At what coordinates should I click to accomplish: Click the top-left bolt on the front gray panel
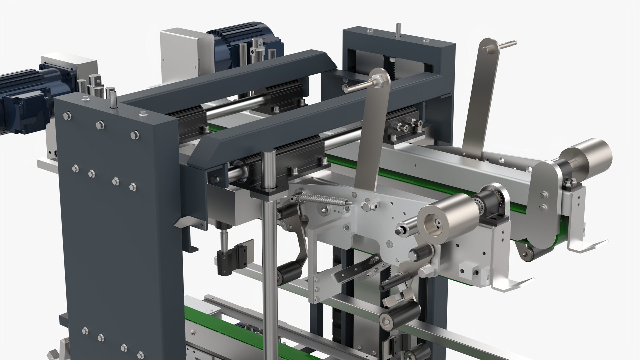click(x=67, y=116)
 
